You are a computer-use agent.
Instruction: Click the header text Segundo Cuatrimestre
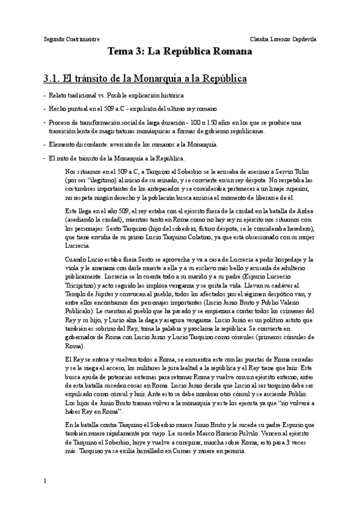tap(72, 38)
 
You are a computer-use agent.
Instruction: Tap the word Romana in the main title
tap(230, 52)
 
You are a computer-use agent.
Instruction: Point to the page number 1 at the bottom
tap(45, 497)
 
